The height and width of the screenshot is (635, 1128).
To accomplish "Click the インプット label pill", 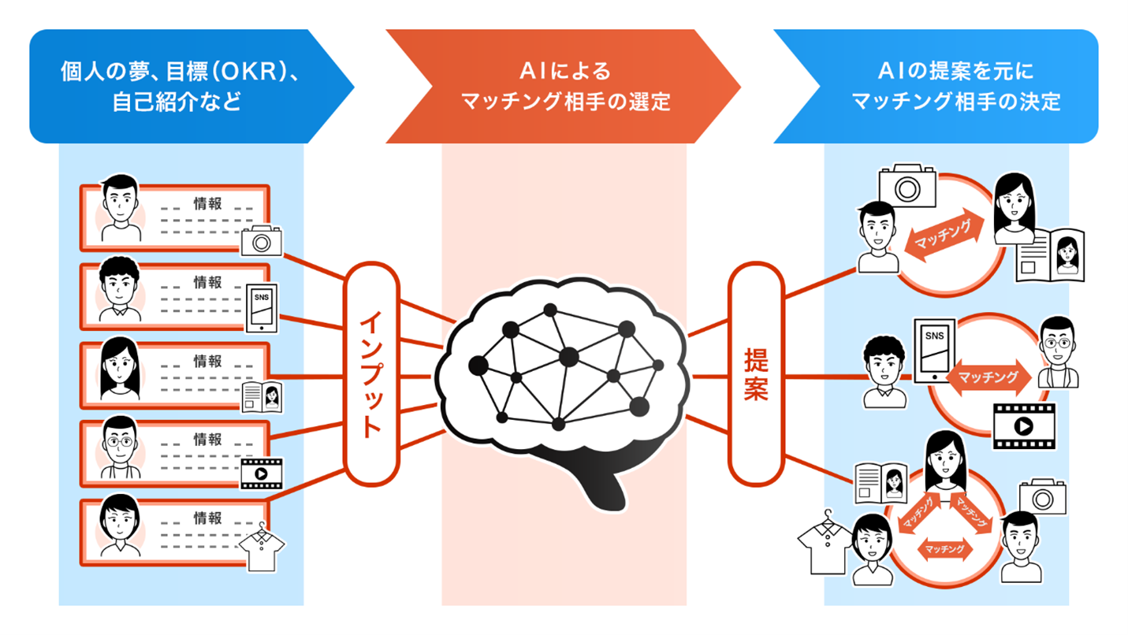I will coord(371,375).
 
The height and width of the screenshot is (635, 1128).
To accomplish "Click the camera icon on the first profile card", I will coord(261,240).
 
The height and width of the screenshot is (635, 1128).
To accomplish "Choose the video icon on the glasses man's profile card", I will coord(261,473).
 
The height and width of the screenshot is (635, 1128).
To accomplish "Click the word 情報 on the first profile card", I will coord(207,203).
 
